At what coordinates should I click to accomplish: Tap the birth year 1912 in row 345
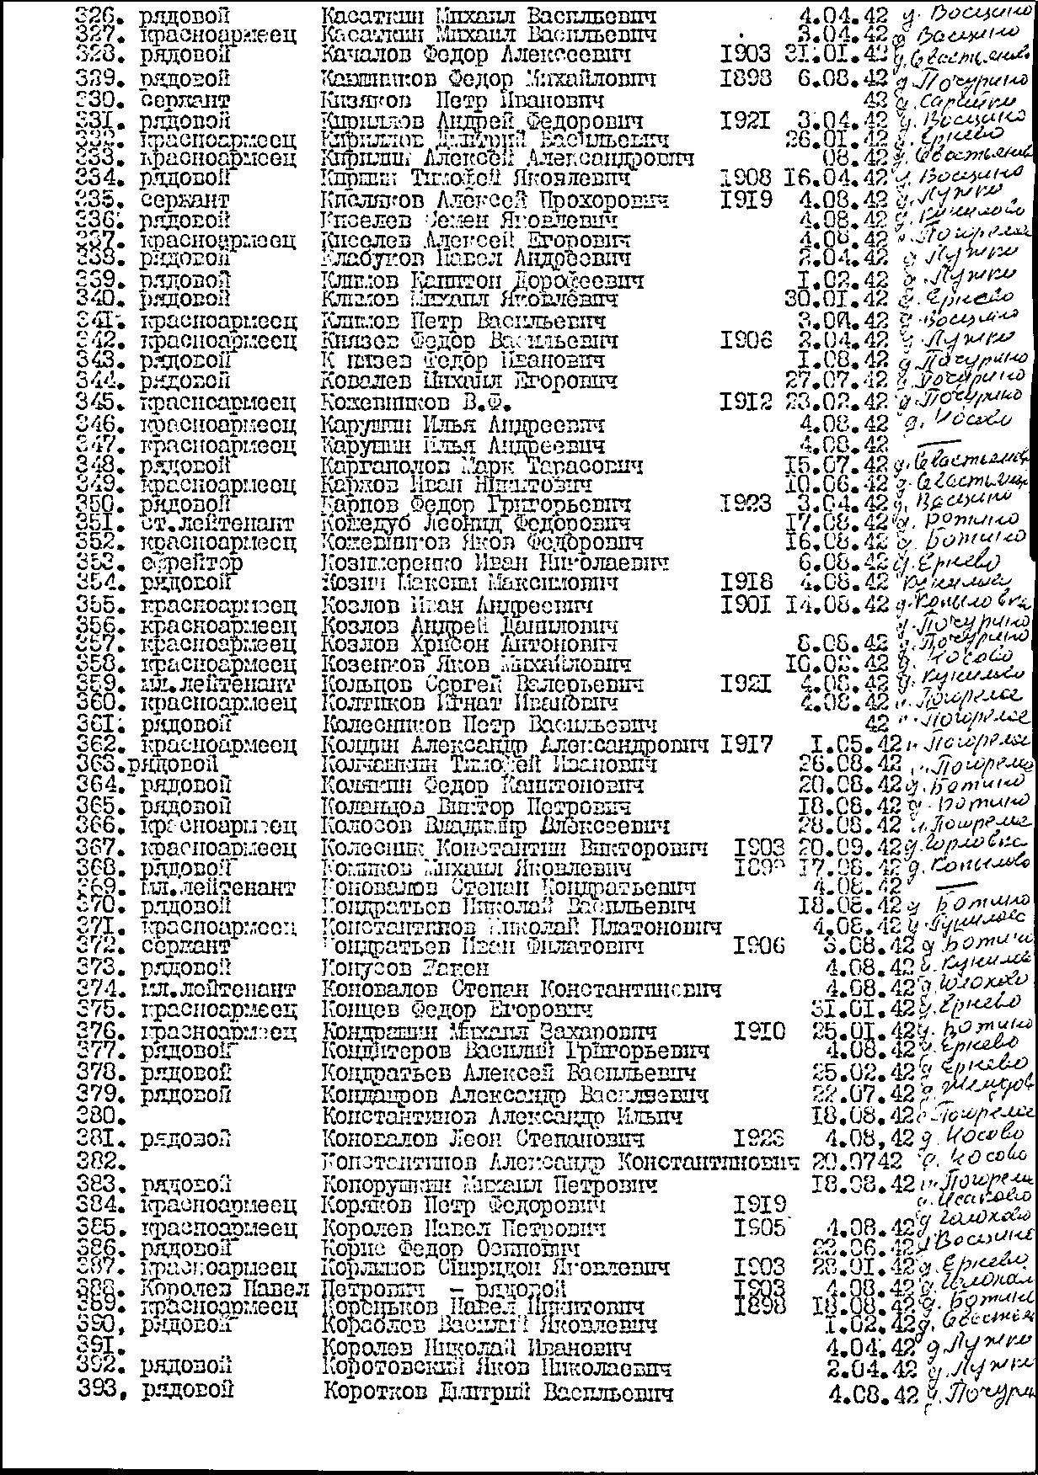click(746, 402)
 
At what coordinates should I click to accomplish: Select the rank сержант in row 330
click(185, 100)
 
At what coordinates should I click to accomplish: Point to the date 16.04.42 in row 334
click(836, 178)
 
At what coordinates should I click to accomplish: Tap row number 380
click(96, 1116)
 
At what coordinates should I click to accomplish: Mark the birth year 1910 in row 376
click(759, 1030)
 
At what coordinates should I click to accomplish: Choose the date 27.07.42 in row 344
click(836, 381)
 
